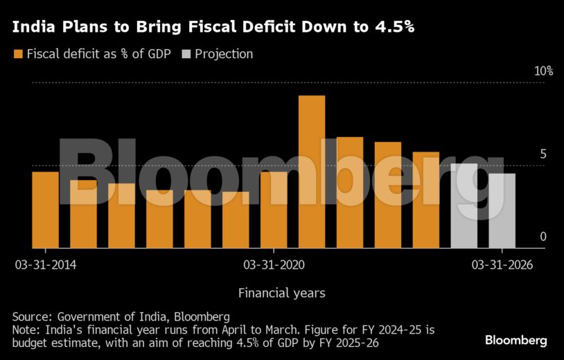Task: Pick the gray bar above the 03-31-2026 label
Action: (x=502, y=210)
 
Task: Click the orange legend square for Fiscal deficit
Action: (x=18, y=54)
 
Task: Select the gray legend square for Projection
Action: (x=186, y=54)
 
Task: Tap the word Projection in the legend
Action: (x=224, y=54)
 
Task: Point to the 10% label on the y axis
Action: (x=543, y=71)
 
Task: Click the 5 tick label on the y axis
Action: (x=543, y=154)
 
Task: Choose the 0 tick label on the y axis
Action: (x=543, y=237)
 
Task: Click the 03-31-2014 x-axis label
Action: (x=46, y=264)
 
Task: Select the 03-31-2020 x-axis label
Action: (x=274, y=264)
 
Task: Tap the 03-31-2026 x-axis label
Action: (x=502, y=264)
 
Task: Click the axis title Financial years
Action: (x=281, y=293)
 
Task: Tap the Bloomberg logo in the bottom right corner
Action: (x=515, y=341)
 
